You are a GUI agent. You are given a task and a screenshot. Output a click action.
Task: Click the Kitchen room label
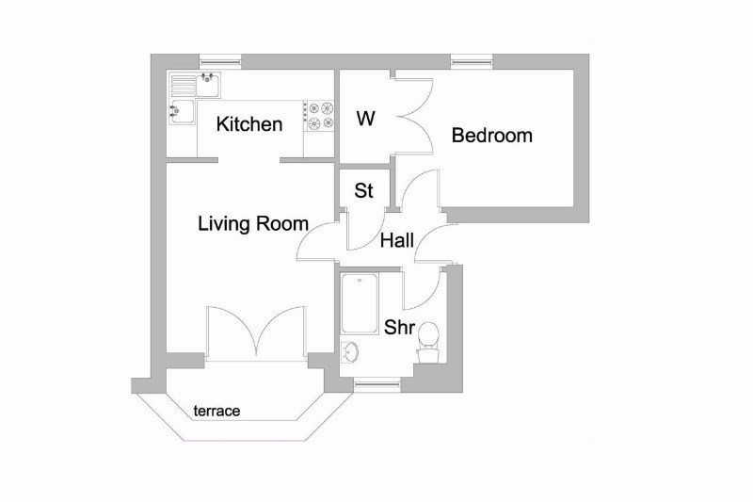coord(249,124)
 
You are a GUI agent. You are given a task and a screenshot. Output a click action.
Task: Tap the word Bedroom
coord(491,136)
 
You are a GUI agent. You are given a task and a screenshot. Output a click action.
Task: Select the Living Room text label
coord(253,224)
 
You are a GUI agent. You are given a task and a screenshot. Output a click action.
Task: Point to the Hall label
coord(397,240)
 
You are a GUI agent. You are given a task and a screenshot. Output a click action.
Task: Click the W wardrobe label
coord(365,118)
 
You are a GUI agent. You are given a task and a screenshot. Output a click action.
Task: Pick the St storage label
coord(363,190)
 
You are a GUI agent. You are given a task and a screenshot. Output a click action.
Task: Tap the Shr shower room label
coord(399,327)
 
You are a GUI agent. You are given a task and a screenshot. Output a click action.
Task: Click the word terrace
coord(216,411)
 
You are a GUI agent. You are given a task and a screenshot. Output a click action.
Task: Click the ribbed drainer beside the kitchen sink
coord(183,85)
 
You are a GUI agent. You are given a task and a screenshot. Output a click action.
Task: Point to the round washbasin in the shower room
coord(349,352)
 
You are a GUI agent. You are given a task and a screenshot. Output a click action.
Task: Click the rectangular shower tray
coord(360,303)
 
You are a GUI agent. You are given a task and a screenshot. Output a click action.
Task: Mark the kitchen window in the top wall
coord(220,61)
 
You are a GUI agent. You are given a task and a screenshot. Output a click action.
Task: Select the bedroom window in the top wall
coord(473,61)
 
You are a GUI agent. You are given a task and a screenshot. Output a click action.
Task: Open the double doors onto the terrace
coord(256,332)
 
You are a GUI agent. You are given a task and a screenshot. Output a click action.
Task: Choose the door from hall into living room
coord(317,242)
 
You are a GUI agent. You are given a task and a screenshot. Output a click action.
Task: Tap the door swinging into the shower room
coord(422,289)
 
